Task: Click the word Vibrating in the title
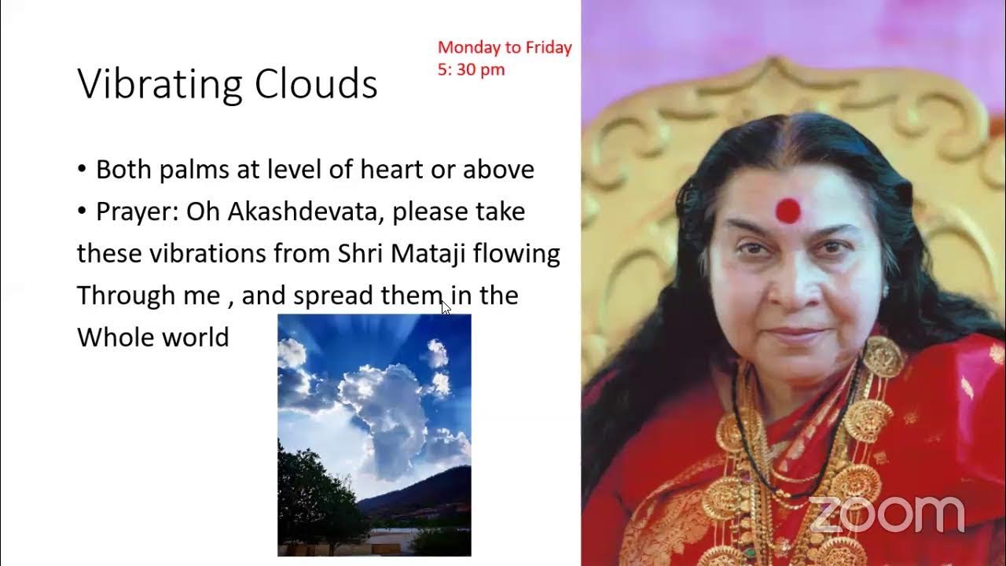tap(152, 85)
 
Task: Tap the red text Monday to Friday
tap(505, 47)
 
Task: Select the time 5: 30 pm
tap(471, 69)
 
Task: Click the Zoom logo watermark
tap(886, 515)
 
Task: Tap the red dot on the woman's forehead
tap(788, 211)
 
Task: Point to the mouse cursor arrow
tap(446, 307)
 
